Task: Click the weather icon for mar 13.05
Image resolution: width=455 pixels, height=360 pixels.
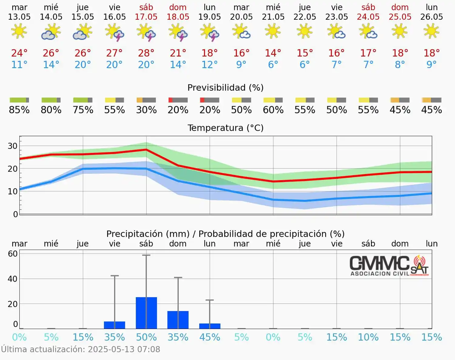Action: coord(19,32)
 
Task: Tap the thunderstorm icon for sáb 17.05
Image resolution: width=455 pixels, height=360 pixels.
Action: coord(146,32)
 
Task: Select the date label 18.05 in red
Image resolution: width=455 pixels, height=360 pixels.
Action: coord(178,17)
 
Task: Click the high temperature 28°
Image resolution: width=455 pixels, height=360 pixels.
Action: coord(146,53)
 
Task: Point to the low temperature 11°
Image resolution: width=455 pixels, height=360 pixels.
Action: coord(19,65)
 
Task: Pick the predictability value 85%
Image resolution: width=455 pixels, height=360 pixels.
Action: coord(19,110)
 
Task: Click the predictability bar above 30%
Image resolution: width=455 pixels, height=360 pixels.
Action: coord(146,100)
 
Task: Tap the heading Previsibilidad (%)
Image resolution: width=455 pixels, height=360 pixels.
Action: coord(225,88)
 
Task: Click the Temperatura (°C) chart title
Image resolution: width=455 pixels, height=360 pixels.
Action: coord(225,128)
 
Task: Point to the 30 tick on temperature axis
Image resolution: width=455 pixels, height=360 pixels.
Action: coord(13,146)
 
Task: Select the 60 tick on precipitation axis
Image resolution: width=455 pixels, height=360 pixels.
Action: coord(13,254)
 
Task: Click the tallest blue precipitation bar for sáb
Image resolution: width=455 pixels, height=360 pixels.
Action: coord(146,313)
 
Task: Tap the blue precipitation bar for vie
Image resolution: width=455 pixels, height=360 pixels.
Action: coord(114,325)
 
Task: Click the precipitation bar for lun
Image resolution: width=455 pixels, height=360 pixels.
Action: coord(210,326)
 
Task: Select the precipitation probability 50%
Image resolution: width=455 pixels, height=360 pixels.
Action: coord(146,337)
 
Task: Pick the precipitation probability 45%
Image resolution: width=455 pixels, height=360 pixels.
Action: coord(210,337)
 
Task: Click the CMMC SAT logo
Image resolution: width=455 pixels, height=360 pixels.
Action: coord(389,266)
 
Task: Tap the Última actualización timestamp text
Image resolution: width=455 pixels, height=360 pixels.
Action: coord(80,349)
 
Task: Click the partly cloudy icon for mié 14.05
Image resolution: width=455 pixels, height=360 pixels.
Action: coord(51,32)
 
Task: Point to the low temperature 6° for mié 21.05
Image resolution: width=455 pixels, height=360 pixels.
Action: coord(273,65)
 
